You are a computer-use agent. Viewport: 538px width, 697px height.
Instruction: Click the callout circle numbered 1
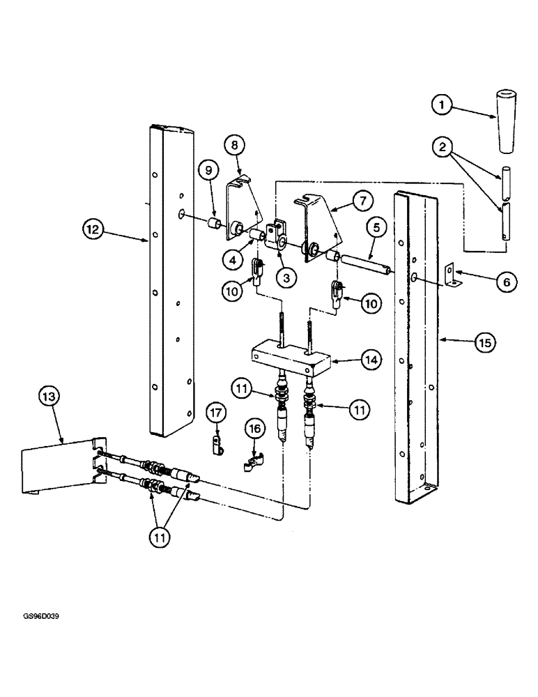pyautogui.click(x=440, y=105)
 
